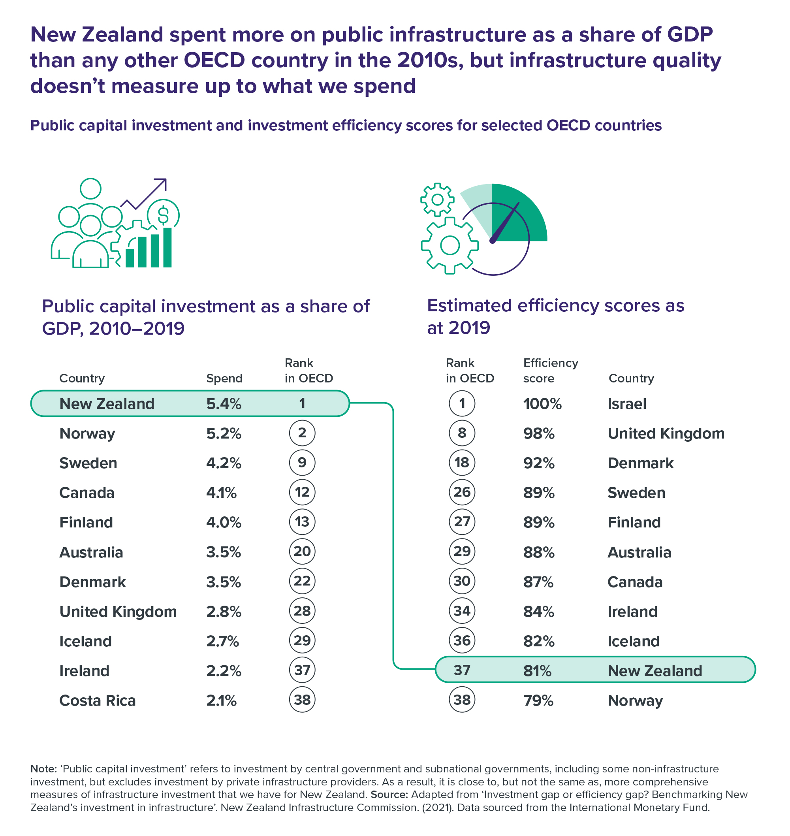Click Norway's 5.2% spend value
coord(224,433)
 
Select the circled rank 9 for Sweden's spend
coord(302,462)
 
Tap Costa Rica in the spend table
coord(97,700)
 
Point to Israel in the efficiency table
coord(626,404)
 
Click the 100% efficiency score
coord(542,404)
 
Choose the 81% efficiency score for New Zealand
coord(537,671)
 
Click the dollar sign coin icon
coord(163,215)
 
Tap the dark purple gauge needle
coord(505,222)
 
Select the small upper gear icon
coord(437,200)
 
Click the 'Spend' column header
coord(224,378)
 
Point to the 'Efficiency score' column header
coord(550,370)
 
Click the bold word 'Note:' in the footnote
coord(43,768)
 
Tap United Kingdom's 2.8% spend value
coord(224,612)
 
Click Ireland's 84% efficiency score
coord(539,612)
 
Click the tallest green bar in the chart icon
coord(167,247)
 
